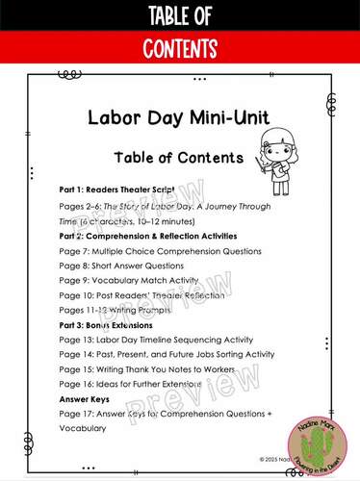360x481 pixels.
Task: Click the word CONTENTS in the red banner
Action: (x=180, y=47)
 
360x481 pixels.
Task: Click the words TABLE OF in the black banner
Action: (x=180, y=14)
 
